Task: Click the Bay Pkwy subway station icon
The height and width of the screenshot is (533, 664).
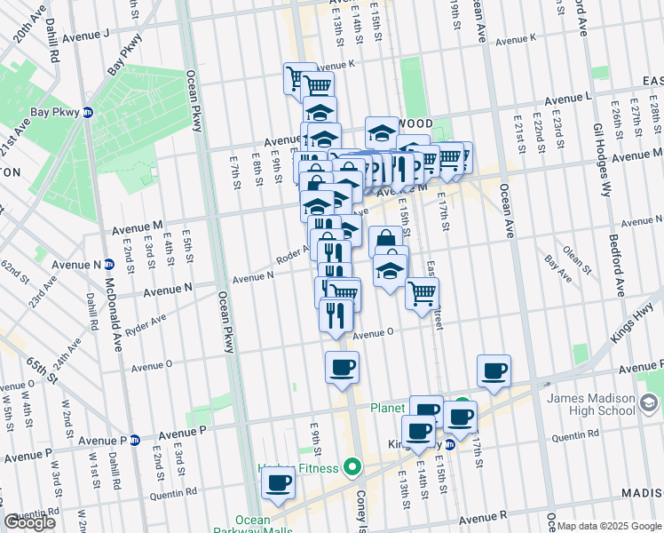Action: point(88,113)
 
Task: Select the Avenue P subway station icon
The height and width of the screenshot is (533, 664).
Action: point(135,440)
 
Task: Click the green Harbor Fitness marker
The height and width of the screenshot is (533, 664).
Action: point(352,467)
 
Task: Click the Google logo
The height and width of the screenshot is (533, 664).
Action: point(29,522)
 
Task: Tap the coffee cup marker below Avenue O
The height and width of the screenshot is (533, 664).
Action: point(342,367)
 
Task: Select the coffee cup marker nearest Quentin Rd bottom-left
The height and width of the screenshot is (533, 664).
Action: point(279,483)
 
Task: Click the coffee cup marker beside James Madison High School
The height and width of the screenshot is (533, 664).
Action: point(494,370)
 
